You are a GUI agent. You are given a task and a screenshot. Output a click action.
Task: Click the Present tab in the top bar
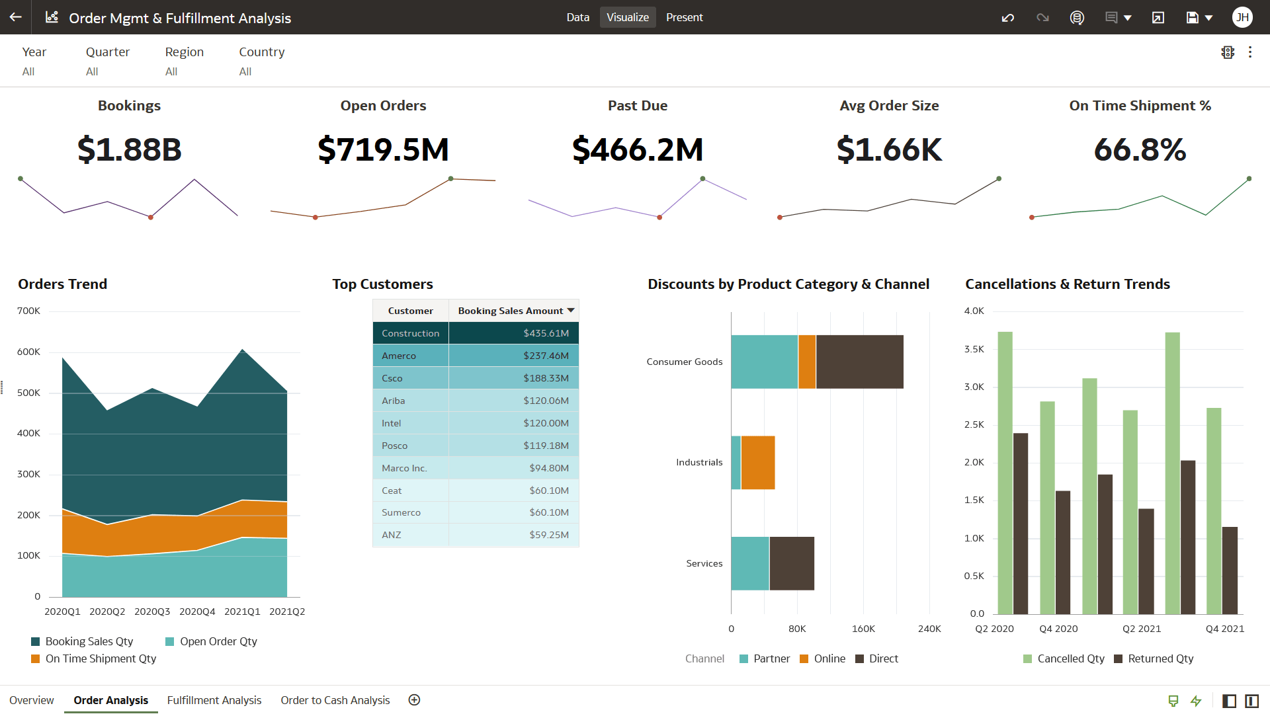[x=684, y=17]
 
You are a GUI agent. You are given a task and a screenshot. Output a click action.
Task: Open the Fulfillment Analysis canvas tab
[x=214, y=700]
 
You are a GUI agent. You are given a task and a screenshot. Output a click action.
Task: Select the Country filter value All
[x=245, y=71]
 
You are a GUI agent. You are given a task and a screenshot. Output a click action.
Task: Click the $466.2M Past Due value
[x=637, y=149]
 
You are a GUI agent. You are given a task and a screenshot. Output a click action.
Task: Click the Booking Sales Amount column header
[x=510, y=311]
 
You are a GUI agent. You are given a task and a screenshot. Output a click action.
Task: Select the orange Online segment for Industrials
[x=757, y=462]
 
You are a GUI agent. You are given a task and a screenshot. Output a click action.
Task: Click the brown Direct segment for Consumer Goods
[x=859, y=362]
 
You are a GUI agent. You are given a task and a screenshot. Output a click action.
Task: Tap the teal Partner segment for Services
[x=749, y=563]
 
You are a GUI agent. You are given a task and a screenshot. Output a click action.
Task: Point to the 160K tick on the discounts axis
[x=863, y=629]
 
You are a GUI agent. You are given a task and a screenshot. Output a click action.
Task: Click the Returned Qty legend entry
[x=1160, y=658]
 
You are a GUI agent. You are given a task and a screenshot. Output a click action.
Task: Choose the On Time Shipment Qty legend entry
[x=101, y=658]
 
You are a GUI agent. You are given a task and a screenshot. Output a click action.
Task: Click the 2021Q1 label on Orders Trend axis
[x=242, y=612]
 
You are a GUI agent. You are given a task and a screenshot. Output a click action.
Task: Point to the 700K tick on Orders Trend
[x=28, y=311]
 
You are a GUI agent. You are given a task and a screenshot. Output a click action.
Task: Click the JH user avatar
[x=1242, y=17]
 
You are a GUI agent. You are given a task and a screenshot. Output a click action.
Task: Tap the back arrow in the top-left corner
[x=15, y=17]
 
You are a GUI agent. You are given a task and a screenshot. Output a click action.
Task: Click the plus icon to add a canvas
[x=414, y=700]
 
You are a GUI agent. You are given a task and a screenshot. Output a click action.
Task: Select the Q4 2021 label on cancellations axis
[x=1224, y=629]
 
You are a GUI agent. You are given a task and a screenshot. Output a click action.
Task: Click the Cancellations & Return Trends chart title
[x=1067, y=284]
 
